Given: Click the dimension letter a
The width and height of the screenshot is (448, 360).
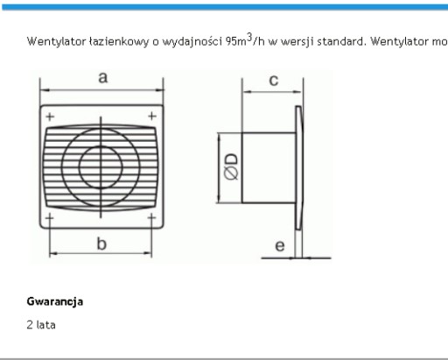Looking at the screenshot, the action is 103,78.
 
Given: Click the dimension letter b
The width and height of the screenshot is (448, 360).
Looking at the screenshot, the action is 101,244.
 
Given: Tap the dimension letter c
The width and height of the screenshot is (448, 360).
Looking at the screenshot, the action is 274,81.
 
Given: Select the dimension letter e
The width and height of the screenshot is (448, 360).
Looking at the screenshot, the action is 280,246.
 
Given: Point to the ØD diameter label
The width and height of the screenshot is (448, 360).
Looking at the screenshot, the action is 231,166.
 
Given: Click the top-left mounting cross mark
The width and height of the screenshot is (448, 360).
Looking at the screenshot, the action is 50,116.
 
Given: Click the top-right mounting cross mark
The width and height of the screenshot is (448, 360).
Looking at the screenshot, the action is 152,116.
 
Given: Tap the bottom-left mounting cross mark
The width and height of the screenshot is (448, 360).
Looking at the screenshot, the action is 50,217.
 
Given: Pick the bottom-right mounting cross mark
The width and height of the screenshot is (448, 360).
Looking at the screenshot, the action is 151,217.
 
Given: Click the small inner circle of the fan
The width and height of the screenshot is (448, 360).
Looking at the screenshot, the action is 101,146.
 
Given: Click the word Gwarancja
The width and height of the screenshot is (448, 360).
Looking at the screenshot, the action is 55,301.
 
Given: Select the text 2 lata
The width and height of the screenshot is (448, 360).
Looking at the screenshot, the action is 41,325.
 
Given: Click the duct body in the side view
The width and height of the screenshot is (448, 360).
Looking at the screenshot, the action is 269,167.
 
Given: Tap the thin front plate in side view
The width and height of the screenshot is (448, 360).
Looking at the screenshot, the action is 299,167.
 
